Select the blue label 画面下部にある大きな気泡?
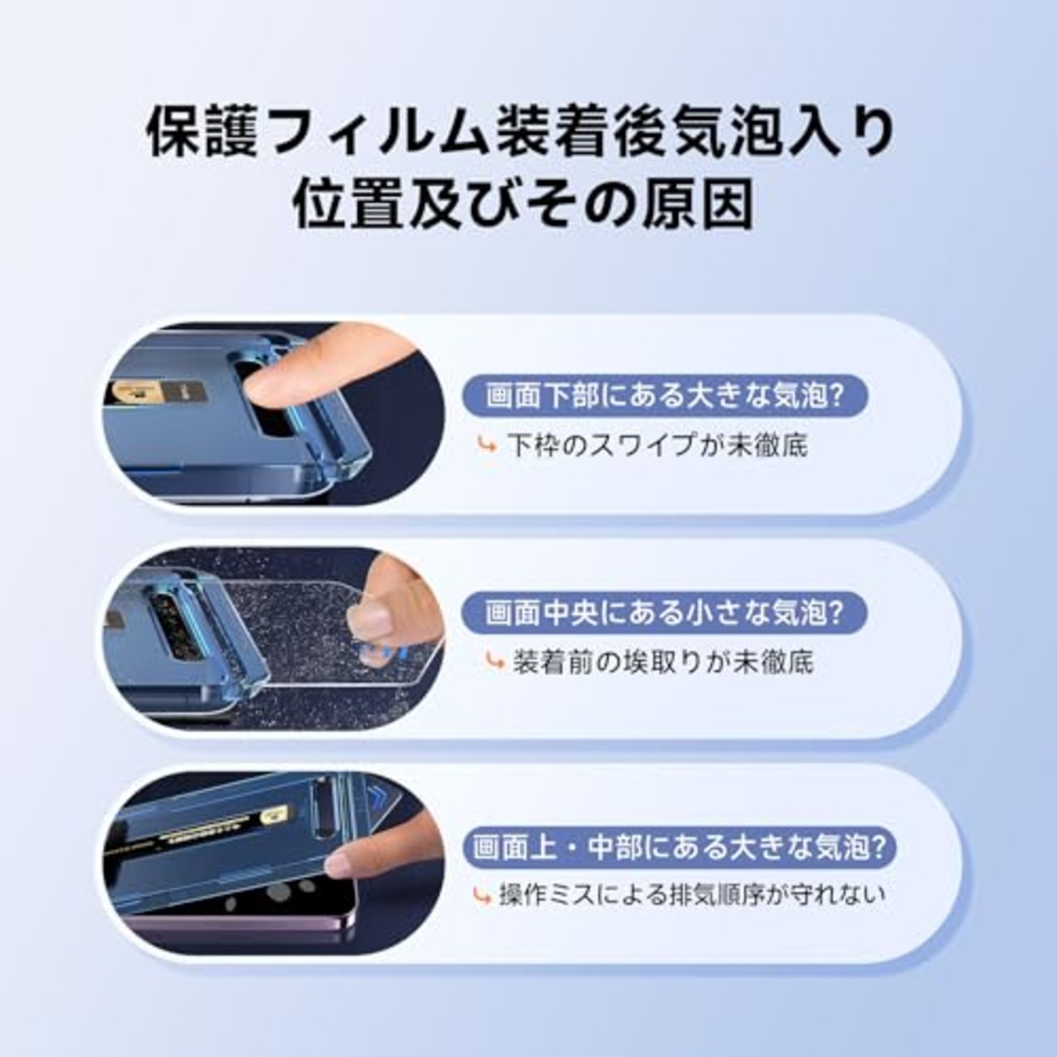[x=666, y=396]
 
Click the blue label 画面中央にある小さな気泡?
[x=665, y=613]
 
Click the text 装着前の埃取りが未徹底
[x=663, y=662]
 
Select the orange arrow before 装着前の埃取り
[x=495, y=662]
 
